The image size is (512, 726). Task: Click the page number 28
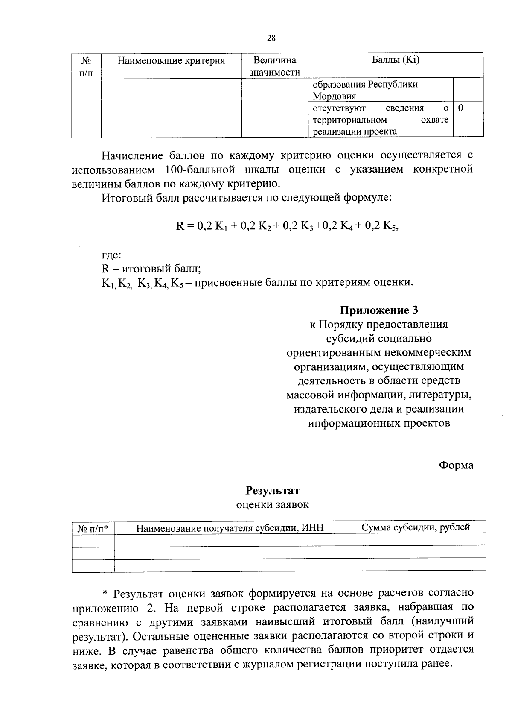click(271, 38)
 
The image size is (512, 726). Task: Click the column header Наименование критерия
click(171, 60)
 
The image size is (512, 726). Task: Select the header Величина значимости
click(274, 66)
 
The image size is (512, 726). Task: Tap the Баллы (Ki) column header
click(396, 60)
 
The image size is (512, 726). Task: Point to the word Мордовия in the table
click(334, 96)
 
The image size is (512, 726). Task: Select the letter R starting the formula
click(180, 226)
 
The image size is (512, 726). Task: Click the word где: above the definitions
click(111, 255)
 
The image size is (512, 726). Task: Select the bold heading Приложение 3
click(378, 310)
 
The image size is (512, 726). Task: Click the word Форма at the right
click(456, 465)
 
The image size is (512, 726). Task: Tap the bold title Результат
click(272, 490)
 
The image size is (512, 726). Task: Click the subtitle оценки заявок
click(272, 505)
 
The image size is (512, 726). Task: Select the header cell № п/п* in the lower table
click(93, 528)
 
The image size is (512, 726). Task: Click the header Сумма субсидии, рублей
click(416, 527)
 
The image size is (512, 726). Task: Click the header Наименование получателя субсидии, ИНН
click(230, 528)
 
